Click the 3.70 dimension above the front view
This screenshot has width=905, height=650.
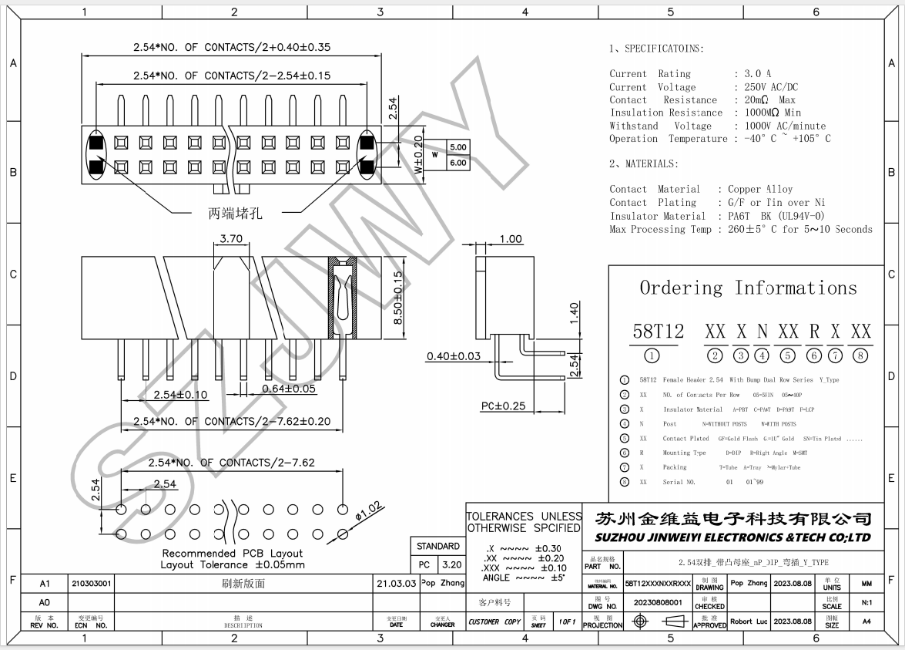[x=231, y=239]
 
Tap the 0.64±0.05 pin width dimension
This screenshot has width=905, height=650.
[x=289, y=388]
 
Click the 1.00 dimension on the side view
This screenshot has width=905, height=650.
[x=510, y=239]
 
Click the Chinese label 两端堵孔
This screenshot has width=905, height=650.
[x=235, y=214]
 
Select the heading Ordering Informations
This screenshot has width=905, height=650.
[x=748, y=288]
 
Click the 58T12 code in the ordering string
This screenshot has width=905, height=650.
[x=658, y=332]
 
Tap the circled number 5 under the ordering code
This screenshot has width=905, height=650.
[x=788, y=355]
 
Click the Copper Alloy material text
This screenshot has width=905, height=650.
[x=760, y=189]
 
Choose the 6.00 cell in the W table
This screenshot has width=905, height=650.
[x=458, y=163]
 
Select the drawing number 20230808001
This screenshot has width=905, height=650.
[x=658, y=601]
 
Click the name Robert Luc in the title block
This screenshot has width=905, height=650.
[x=749, y=621]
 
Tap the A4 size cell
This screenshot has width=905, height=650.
[x=866, y=621]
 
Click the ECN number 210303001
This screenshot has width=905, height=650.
[x=92, y=584]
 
